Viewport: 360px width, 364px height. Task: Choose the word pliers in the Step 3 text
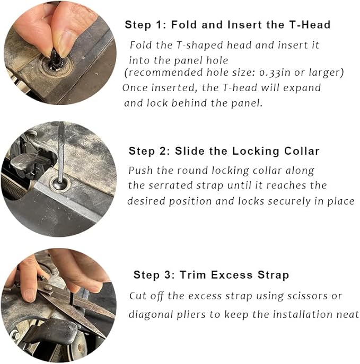click(x=191, y=315)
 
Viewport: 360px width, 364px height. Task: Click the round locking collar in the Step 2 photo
click(x=60, y=183)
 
